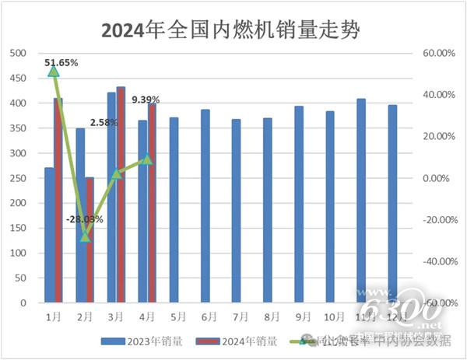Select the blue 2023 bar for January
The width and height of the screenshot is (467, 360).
(49, 235)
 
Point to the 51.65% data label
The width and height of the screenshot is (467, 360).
(61, 61)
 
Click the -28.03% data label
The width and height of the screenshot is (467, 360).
(85, 220)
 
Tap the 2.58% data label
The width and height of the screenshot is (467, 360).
(103, 123)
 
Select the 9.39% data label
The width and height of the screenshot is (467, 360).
(146, 100)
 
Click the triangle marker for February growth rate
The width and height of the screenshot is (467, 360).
(86, 236)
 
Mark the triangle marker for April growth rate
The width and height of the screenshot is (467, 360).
(147, 159)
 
